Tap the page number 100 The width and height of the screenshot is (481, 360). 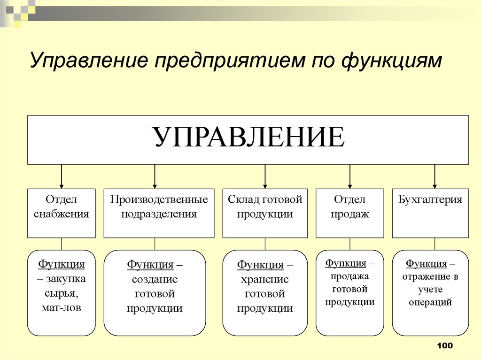point(445,345)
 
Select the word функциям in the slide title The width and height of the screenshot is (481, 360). point(391,61)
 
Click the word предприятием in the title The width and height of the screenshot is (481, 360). point(230,61)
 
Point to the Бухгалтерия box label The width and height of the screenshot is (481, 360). point(430,199)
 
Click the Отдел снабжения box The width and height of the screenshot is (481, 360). point(62,213)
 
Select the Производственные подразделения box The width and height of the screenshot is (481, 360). point(159,213)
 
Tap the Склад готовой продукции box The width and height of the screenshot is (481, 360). point(265,213)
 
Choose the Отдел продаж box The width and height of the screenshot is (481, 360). point(349,213)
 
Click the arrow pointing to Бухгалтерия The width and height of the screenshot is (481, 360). point(434,176)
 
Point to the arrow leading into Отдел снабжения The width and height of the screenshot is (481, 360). point(62,176)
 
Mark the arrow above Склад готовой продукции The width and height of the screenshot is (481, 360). point(265,176)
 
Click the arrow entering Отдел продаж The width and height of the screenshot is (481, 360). point(350,176)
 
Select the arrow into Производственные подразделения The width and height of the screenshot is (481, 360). point(155,176)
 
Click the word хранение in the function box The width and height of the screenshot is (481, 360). point(265,279)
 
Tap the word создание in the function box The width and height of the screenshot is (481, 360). point(155,279)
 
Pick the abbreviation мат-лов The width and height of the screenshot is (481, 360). point(62,307)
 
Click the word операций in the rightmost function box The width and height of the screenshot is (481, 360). point(430,302)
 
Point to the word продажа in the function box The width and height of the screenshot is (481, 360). point(349,276)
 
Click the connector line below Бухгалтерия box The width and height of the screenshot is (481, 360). point(434,244)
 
